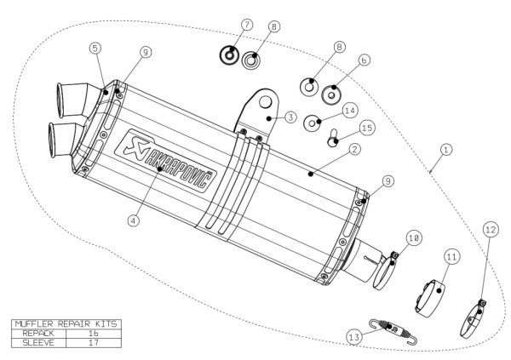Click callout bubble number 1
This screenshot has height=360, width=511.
[446, 150]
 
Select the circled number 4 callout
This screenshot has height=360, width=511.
[134, 220]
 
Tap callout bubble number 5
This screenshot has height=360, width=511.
[95, 49]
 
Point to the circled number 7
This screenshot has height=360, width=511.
[247, 25]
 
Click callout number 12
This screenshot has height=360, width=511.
[491, 230]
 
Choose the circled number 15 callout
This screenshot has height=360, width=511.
[367, 128]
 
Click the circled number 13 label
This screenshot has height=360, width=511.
[354, 337]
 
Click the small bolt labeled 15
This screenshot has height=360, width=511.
[333, 139]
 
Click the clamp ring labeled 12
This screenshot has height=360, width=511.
[473, 319]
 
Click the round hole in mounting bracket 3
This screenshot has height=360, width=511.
[265, 102]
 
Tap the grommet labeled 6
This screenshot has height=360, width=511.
[331, 94]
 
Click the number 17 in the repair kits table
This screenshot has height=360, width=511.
[94, 343]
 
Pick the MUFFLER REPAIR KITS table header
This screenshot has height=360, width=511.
[66, 324]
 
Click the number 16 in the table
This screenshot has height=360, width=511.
[93, 334]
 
